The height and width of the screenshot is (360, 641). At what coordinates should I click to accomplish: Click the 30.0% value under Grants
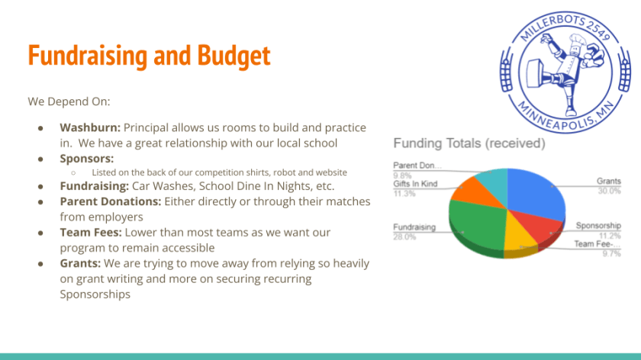[x=609, y=191]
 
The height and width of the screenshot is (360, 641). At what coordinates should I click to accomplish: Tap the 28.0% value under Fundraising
[x=404, y=237]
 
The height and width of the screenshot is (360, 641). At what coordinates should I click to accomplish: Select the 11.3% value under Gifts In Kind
[x=404, y=194]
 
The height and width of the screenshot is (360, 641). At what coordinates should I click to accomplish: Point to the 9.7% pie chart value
[x=611, y=254]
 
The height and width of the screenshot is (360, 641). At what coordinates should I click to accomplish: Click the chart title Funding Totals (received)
[x=469, y=143]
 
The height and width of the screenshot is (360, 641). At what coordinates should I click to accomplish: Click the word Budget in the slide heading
[x=234, y=56]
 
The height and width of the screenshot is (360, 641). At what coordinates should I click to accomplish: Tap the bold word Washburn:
[x=90, y=127]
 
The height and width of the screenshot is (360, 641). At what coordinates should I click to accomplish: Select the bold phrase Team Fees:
[x=91, y=232]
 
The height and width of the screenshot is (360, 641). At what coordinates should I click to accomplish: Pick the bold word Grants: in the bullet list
[x=80, y=263]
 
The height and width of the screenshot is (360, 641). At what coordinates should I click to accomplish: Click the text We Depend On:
[x=69, y=101]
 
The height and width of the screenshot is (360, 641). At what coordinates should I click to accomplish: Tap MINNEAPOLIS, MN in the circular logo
[x=565, y=117]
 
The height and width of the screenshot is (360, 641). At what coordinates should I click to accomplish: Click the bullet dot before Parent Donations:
[x=40, y=202]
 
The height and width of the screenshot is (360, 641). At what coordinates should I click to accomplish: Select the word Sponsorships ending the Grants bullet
[x=95, y=294]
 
